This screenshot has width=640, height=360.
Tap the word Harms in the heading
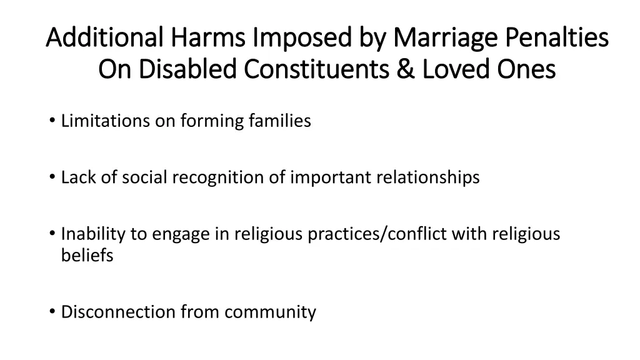[196, 38]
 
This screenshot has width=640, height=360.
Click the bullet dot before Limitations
[51, 121]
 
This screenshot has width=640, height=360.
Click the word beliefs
[87, 256]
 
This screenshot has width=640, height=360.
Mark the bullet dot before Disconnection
[51, 312]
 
